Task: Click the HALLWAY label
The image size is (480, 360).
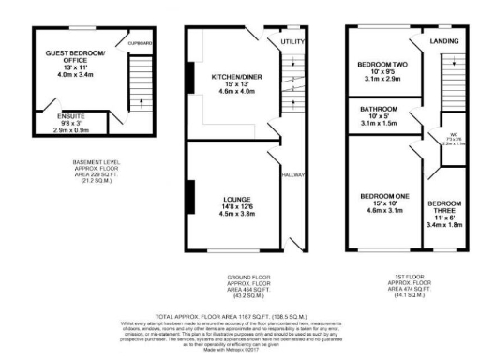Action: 291,173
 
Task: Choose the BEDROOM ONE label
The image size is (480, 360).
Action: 384,196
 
